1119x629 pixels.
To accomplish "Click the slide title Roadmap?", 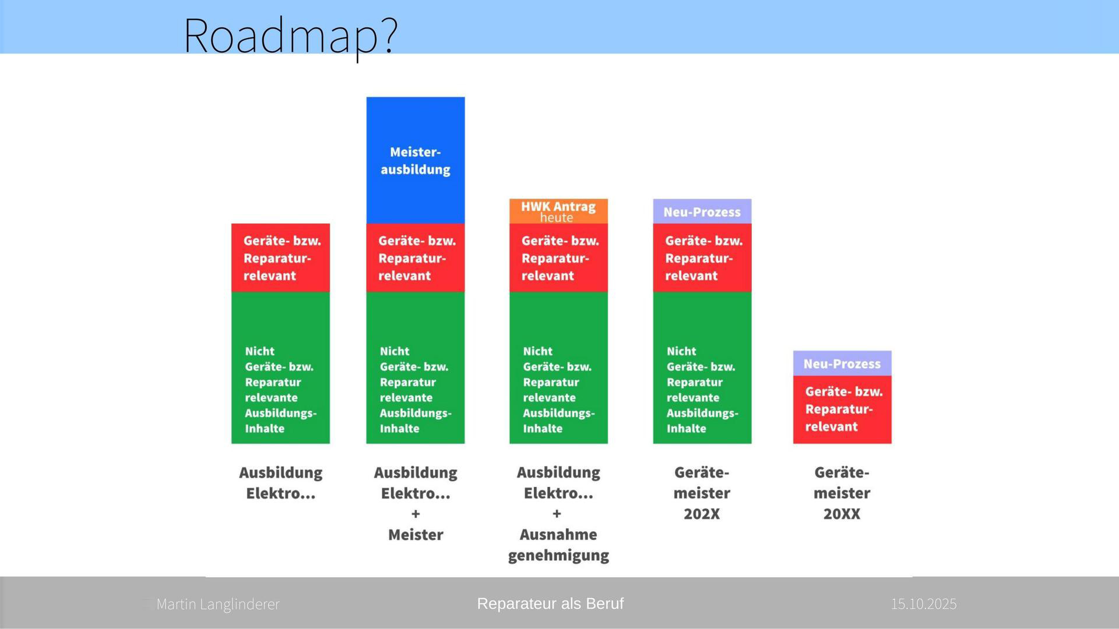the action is [290, 36].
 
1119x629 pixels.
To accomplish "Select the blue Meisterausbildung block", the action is [416, 160].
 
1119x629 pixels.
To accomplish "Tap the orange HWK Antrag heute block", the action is [558, 211].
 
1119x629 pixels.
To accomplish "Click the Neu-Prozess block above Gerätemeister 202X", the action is [702, 211].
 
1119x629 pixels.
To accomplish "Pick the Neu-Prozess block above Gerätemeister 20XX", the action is [842, 363].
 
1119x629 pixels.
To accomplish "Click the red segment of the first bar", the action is [280, 257].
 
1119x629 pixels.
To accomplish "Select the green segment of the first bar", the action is [280, 367].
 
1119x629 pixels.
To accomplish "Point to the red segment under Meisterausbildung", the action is [416, 257].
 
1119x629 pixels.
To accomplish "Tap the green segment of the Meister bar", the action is [416, 367].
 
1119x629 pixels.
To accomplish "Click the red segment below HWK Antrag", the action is [558, 257].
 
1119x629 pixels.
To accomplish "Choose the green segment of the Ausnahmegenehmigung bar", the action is [558, 367].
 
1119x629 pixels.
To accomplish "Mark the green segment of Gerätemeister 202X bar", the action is [702, 367].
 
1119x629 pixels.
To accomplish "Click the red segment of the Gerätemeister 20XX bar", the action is [842, 409].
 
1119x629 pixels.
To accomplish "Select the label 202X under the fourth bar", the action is [702, 514].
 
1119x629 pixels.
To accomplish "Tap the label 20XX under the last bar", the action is [842, 514].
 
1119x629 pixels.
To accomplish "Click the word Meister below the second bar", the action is [416, 535].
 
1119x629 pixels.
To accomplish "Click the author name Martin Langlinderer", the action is [218, 604].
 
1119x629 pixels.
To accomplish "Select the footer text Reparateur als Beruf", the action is [550, 604].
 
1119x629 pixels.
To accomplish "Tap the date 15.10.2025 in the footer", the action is [924, 604].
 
